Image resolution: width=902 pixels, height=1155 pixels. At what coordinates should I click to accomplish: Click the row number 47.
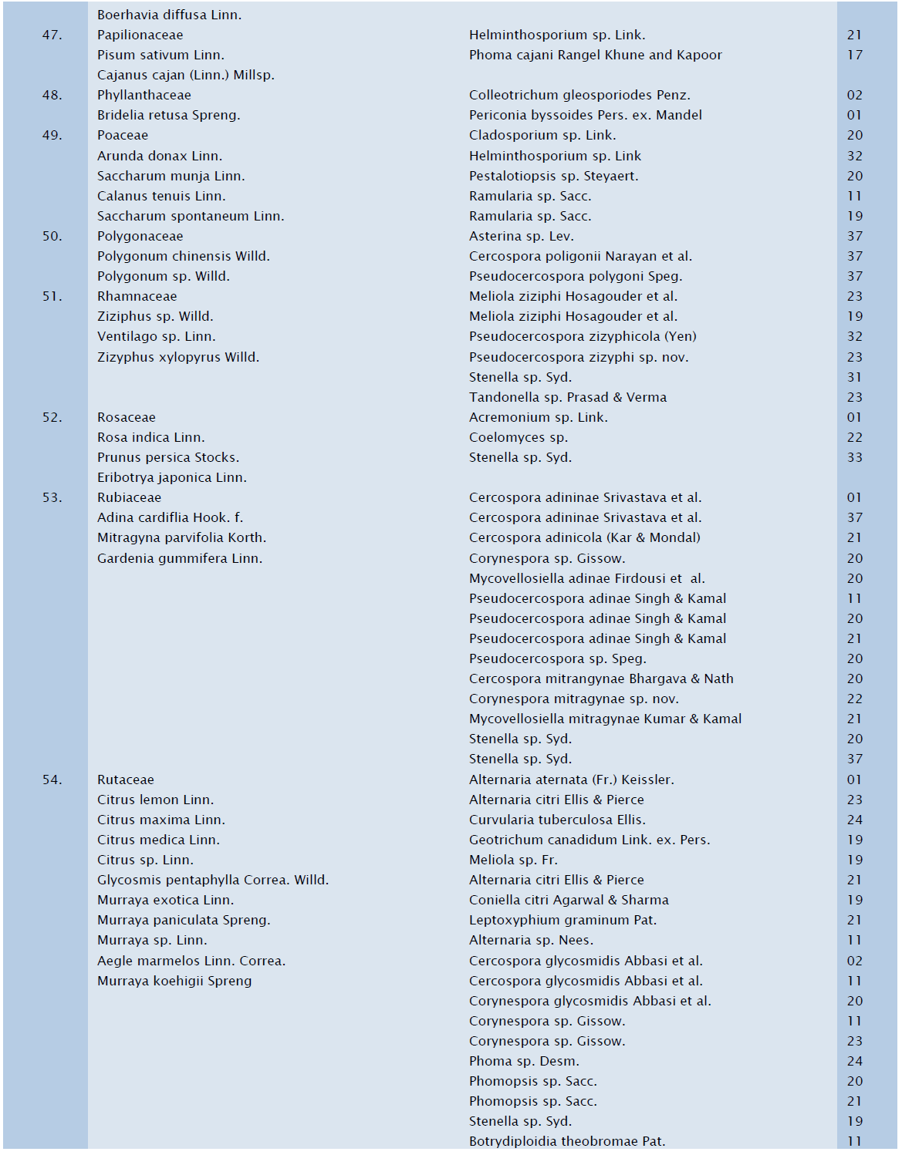52,35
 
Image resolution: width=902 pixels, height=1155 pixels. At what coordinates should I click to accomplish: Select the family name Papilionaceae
140,35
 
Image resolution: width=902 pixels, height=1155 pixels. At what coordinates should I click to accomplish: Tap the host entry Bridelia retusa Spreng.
168,116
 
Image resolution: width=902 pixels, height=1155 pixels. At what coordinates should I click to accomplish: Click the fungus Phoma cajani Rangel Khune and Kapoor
595,56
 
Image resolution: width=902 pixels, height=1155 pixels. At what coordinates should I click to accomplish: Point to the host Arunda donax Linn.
159,156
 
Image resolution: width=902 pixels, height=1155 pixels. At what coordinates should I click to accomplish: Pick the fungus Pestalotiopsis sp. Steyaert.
553,176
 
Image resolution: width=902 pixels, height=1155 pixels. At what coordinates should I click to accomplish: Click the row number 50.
52,237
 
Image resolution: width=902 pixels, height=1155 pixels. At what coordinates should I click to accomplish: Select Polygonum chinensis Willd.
183,257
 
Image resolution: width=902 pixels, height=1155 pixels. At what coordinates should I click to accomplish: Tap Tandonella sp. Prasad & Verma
567,397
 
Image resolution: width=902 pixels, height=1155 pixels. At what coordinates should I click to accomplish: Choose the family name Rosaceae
126,417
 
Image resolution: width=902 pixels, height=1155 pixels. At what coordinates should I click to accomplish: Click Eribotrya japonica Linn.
171,478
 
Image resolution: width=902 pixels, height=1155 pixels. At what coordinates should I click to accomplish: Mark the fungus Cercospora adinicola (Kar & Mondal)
584,538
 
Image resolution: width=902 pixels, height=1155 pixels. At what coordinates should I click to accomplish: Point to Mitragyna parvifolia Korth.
181,538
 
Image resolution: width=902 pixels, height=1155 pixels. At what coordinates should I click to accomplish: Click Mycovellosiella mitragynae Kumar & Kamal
605,719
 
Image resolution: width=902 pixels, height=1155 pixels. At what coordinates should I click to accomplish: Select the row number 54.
52,780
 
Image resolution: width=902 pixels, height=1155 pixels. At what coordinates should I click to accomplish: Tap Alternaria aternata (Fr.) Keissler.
571,780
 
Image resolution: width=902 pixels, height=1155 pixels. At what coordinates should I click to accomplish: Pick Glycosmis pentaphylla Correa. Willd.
212,880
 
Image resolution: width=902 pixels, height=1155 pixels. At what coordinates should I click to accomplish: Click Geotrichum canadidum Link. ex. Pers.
590,840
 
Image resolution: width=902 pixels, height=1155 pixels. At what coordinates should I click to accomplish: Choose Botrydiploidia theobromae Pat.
566,1141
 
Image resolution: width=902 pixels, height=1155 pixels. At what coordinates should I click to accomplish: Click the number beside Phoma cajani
854,56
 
